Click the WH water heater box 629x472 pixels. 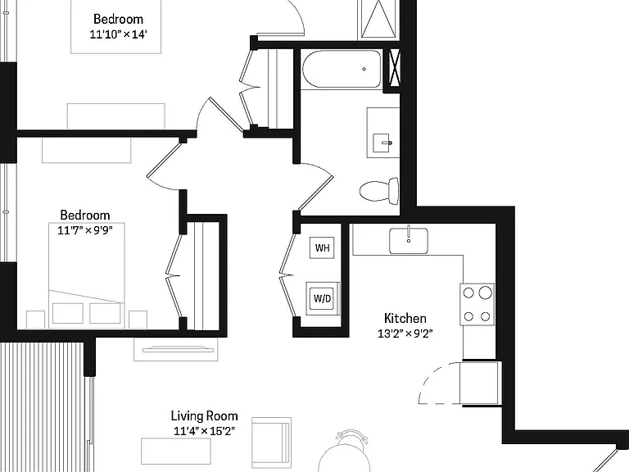tap(322, 247)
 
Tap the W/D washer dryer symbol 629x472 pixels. tap(323, 298)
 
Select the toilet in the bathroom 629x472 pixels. tap(379, 191)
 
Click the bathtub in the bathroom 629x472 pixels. tap(342, 69)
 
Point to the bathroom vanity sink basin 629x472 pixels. tap(382, 143)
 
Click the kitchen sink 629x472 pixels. tap(409, 241)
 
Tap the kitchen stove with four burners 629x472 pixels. tap(477, 304)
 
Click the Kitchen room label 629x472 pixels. tap(405, 318)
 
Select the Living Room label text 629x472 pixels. tap(204, 415)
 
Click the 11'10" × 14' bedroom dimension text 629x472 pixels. tap(118, 34)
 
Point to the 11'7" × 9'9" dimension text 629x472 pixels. tap(85, 230)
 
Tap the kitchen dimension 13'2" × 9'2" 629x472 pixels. tap(405, 334)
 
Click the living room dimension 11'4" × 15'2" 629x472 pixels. tap(204, 431)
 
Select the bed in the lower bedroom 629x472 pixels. tap(87, 275)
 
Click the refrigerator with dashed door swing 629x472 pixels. tap(480, 383)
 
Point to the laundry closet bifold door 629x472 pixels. tap(288, 275)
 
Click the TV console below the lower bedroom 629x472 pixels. tap(176, 350)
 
